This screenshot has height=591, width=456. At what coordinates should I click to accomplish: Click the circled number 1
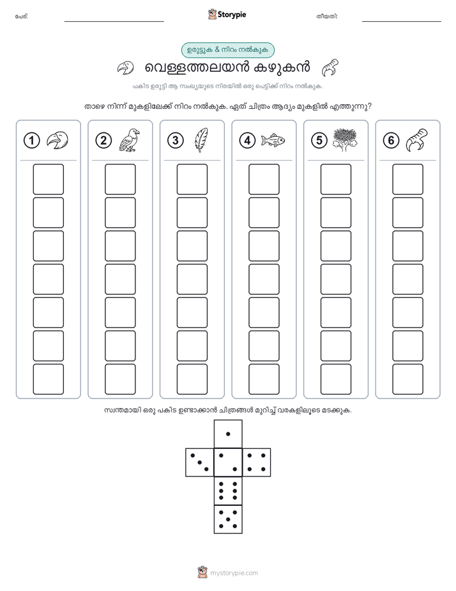coord(31,141)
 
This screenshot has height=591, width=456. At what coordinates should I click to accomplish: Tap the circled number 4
coord(247,141)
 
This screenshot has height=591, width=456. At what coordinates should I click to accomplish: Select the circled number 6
coord(391,141)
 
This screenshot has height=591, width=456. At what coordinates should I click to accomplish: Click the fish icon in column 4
coord(273,140)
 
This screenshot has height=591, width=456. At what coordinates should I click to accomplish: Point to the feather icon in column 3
coord(201,140)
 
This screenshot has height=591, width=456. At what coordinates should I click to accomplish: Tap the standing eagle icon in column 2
coord(129,140)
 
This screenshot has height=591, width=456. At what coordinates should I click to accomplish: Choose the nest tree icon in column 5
coord(345,140)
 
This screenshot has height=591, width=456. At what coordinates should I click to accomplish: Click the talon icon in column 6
coord(417,140)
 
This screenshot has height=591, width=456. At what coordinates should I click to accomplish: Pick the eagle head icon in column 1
coord(57,141)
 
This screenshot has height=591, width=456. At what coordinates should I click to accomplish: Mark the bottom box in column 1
coord(48,379)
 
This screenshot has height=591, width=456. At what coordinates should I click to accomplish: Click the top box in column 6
coord(407,179)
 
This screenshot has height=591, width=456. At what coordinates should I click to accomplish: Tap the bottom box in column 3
coord(192,379)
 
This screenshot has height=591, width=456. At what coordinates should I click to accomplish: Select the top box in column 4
coord(264,179)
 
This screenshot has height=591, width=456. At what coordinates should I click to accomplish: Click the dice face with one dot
coord(228,434)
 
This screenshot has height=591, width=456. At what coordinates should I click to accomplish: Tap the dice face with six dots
coord(228,491)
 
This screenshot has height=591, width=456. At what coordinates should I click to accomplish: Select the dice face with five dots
coord(228,519)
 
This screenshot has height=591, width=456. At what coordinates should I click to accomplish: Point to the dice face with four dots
coord(257,462)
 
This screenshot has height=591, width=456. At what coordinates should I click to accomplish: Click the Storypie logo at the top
coord(227,15)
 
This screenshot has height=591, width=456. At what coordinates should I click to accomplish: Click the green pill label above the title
coord(227,50)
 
